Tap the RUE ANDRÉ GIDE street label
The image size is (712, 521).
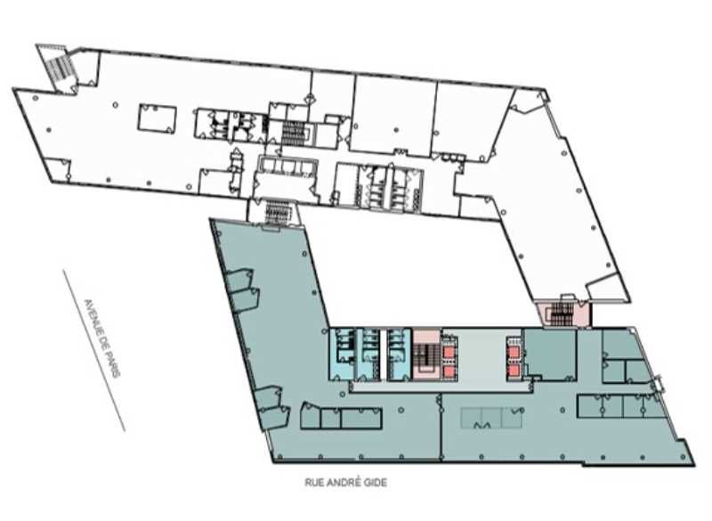pyautogui.click(x=346, y=482)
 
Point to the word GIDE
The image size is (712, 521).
pyautogui.click(x=376, y=482)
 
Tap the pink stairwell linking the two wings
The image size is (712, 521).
pyautogui.click(x=562, y=313)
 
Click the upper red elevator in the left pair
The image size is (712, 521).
pyautogui.click(x=448, y=346)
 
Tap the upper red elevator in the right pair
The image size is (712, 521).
pyautogui.click(x=514, y=346)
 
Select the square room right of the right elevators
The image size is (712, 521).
pyautogui.click(x=550, y=354)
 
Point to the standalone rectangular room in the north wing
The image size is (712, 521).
pyautogui.click(x=152, y=119)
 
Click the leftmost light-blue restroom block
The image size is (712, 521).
pyautogui.click(x=343, y=353)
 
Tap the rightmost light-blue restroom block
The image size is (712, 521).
pyautogui.click(x=399, y=353)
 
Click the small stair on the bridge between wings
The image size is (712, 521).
pyautogui.click(x=272, y=212)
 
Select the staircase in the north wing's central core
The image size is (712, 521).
pyautogui.click(x=294, y=132)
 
